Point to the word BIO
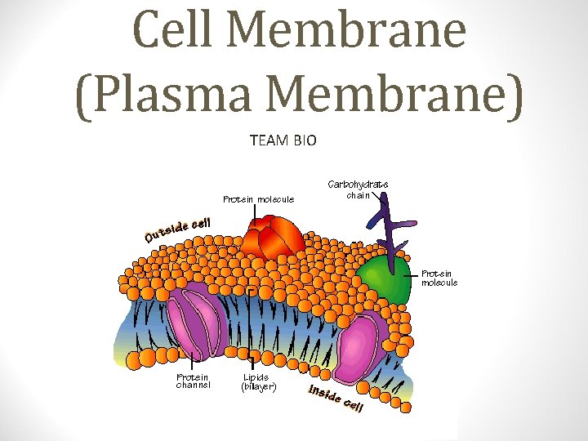pos(304,140)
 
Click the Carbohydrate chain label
pos(358,189)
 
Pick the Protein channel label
pos(194,381)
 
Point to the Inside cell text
pos(335,398)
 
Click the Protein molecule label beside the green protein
pos(439,278)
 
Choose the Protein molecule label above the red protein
pos(259,198)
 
